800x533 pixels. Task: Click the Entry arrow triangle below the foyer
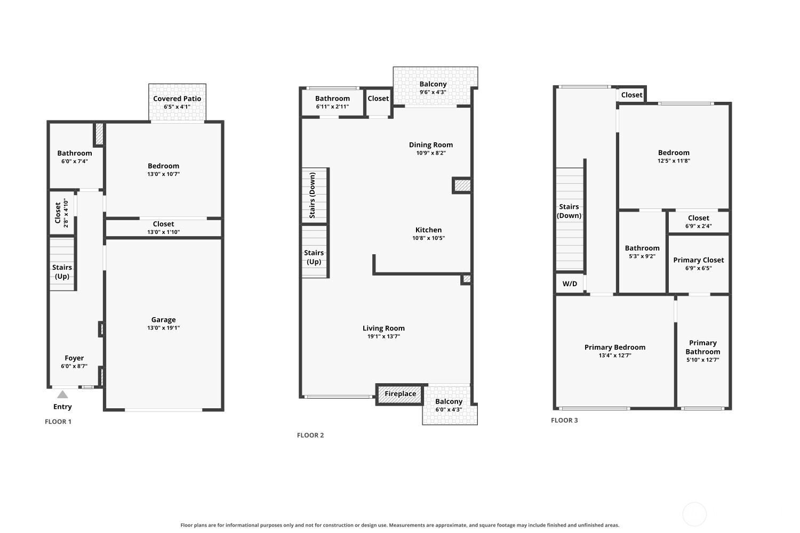62,394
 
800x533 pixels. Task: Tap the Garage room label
163,320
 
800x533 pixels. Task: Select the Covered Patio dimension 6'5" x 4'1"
177,107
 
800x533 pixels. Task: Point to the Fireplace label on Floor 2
401,393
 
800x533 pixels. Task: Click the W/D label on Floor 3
570,284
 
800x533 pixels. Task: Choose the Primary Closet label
699,260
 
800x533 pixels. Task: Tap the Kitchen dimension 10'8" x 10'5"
429,238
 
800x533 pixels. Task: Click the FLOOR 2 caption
310,435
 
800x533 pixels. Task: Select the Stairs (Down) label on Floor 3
569,211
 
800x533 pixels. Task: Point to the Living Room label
383,328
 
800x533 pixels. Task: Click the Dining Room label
431,144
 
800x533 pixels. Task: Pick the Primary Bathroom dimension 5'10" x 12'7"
703,360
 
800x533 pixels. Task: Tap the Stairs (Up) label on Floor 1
62,272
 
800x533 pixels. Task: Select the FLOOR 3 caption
564,420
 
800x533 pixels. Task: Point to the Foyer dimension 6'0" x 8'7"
74,366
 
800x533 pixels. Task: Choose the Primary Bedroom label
615,347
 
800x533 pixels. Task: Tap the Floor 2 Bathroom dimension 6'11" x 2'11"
332,107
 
